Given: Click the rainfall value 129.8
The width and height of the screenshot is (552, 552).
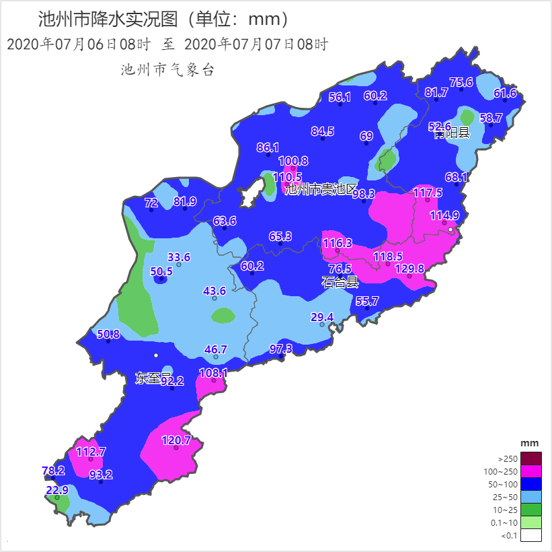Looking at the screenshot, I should pyautogui.click(x=409, y=269).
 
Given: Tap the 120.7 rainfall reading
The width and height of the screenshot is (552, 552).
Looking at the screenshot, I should pyautogui.click(x=176, y=441).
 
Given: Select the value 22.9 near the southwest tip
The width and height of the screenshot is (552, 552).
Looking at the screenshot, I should pyautogui.click(x=57, y=490).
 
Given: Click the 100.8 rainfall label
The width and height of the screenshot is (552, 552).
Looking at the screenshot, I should pyautogui.click(x=293, y=161).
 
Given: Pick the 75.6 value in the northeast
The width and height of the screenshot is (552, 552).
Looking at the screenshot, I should pyautogui.click(x=461, y=82).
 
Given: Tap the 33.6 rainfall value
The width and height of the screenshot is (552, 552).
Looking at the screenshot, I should pyautogui.click(x=179, y=257).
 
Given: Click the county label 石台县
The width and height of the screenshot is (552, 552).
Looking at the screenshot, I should pyautogui.click(x=340, y=282).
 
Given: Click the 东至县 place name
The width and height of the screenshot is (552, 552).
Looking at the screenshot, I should pyautogui.click(x=153, y=378).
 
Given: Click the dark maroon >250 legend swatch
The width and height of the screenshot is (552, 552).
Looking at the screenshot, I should pyautogui.click(x=530, y=458).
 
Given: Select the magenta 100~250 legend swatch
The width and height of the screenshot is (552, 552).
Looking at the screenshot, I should pyautogui.click(x=530, y=471).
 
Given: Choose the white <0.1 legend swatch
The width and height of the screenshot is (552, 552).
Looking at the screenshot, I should pyautogui.click(x=530, y=535).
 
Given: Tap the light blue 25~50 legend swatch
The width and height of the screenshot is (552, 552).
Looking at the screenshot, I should pyautogui.click(x=530, y=497).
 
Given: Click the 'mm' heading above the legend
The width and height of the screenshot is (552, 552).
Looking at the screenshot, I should pyautogui.click(x=530, y=443).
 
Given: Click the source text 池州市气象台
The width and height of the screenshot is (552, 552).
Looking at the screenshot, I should pyautogui.click(x=167, y=69).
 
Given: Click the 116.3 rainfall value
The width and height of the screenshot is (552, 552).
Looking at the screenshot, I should pyautogui.click(x=337, y=243).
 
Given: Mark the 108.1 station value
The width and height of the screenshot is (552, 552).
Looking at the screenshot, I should pyautogui.click(x=214, y=373).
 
